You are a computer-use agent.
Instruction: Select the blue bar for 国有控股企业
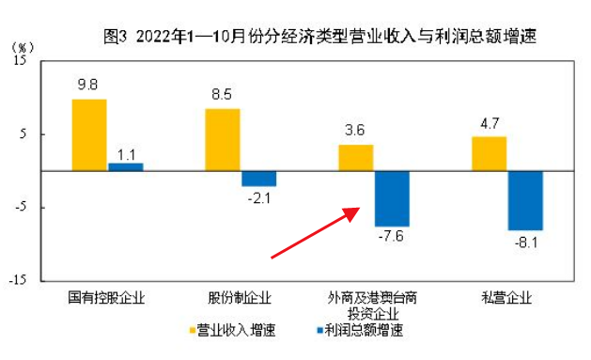pyautogui.click(x=125, y=166)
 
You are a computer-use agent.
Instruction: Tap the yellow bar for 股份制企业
pyautogui.click(x=223, y=139)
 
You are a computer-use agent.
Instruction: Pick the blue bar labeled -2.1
pyautogui.click(x=258, y=179)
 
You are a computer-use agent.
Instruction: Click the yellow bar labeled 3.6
pyautogui.click(x=355, y=158)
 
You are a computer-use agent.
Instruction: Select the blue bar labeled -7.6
pyautogui.click(x=392, y=198)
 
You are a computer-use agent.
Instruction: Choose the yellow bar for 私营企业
pyautogui.click(x=489, y=153)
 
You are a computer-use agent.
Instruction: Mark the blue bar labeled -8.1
pyautogui.click(x=525, y=200)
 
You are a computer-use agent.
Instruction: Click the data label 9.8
pyautogui.click(x=89, y=85)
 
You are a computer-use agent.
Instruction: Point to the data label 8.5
pyautogui.click(x=223, y=94)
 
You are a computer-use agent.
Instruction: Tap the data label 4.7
pyautogui.click(x=489, y=122)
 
